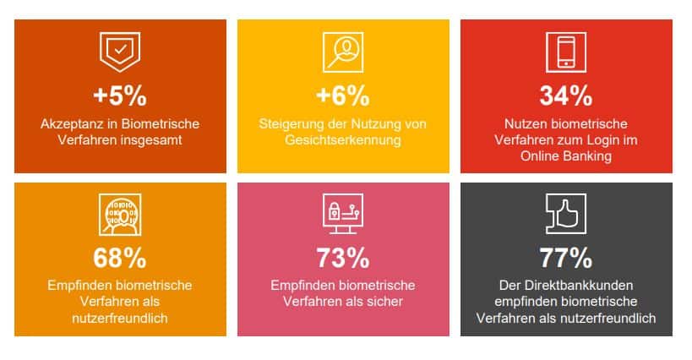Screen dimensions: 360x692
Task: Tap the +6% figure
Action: (x=343, y=95)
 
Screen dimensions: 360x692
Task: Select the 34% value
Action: (x=565, y=95)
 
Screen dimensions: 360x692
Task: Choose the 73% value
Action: (x=343, y=257)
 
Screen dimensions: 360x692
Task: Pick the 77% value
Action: (x=565, y=257)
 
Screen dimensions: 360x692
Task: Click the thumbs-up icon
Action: (x=565, y=216)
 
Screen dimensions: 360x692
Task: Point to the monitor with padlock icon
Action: (x=343, y=216)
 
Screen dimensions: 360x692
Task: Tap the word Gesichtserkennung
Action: (x=343, y=140)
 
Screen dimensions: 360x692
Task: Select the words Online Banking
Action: (x=565, y=156)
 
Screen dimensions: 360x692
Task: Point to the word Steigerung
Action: (x=292, y=123)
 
